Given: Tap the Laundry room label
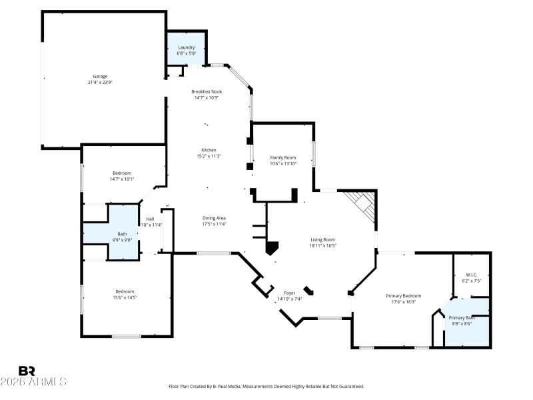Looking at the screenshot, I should coord(186,47).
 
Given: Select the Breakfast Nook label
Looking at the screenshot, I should coord(207,91).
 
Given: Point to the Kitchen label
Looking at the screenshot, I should coord(209,150).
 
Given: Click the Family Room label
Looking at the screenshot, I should coord(282,157).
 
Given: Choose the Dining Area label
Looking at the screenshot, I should coord(214,218).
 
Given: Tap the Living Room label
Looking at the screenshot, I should coord(322,239).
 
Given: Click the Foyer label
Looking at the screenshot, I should coord(289,293).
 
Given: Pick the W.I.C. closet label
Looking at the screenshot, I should coord(472,275).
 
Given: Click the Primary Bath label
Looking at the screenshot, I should coord(461,318).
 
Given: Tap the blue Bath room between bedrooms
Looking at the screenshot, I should coord(122,234).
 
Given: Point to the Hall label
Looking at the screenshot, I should coord(150,219).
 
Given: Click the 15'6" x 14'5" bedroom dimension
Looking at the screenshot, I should coord(125,297).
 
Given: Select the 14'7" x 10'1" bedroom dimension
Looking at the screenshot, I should coord(122,179).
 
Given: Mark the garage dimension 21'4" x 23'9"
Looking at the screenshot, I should coord(99,82).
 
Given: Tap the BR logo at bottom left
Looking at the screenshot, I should coord(27,371).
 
